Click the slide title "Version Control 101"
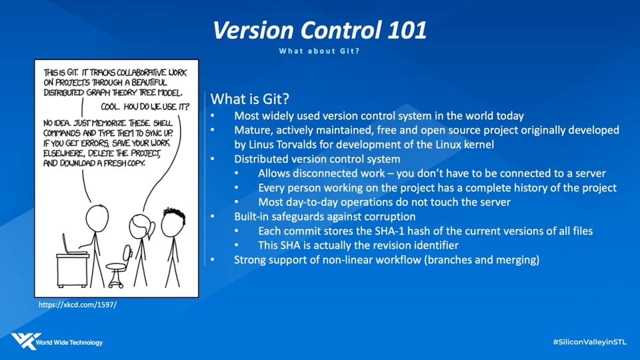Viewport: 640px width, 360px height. click(319, 30)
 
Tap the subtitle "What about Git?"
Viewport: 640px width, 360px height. click(319, 51)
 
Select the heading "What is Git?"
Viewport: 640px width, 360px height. click(250, 99)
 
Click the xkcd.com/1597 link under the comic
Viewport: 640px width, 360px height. click(77, 305)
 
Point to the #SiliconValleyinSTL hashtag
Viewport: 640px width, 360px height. click(590, 342)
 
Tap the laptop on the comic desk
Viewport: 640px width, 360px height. click(73, 245)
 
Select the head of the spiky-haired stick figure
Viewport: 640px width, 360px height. click(173, 223)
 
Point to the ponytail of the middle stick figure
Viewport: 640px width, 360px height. click(151, 231)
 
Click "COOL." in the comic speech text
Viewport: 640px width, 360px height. click(110, 107)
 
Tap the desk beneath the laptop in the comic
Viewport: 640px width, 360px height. click(72, 270)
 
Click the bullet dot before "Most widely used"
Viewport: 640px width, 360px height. click(212, 116)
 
